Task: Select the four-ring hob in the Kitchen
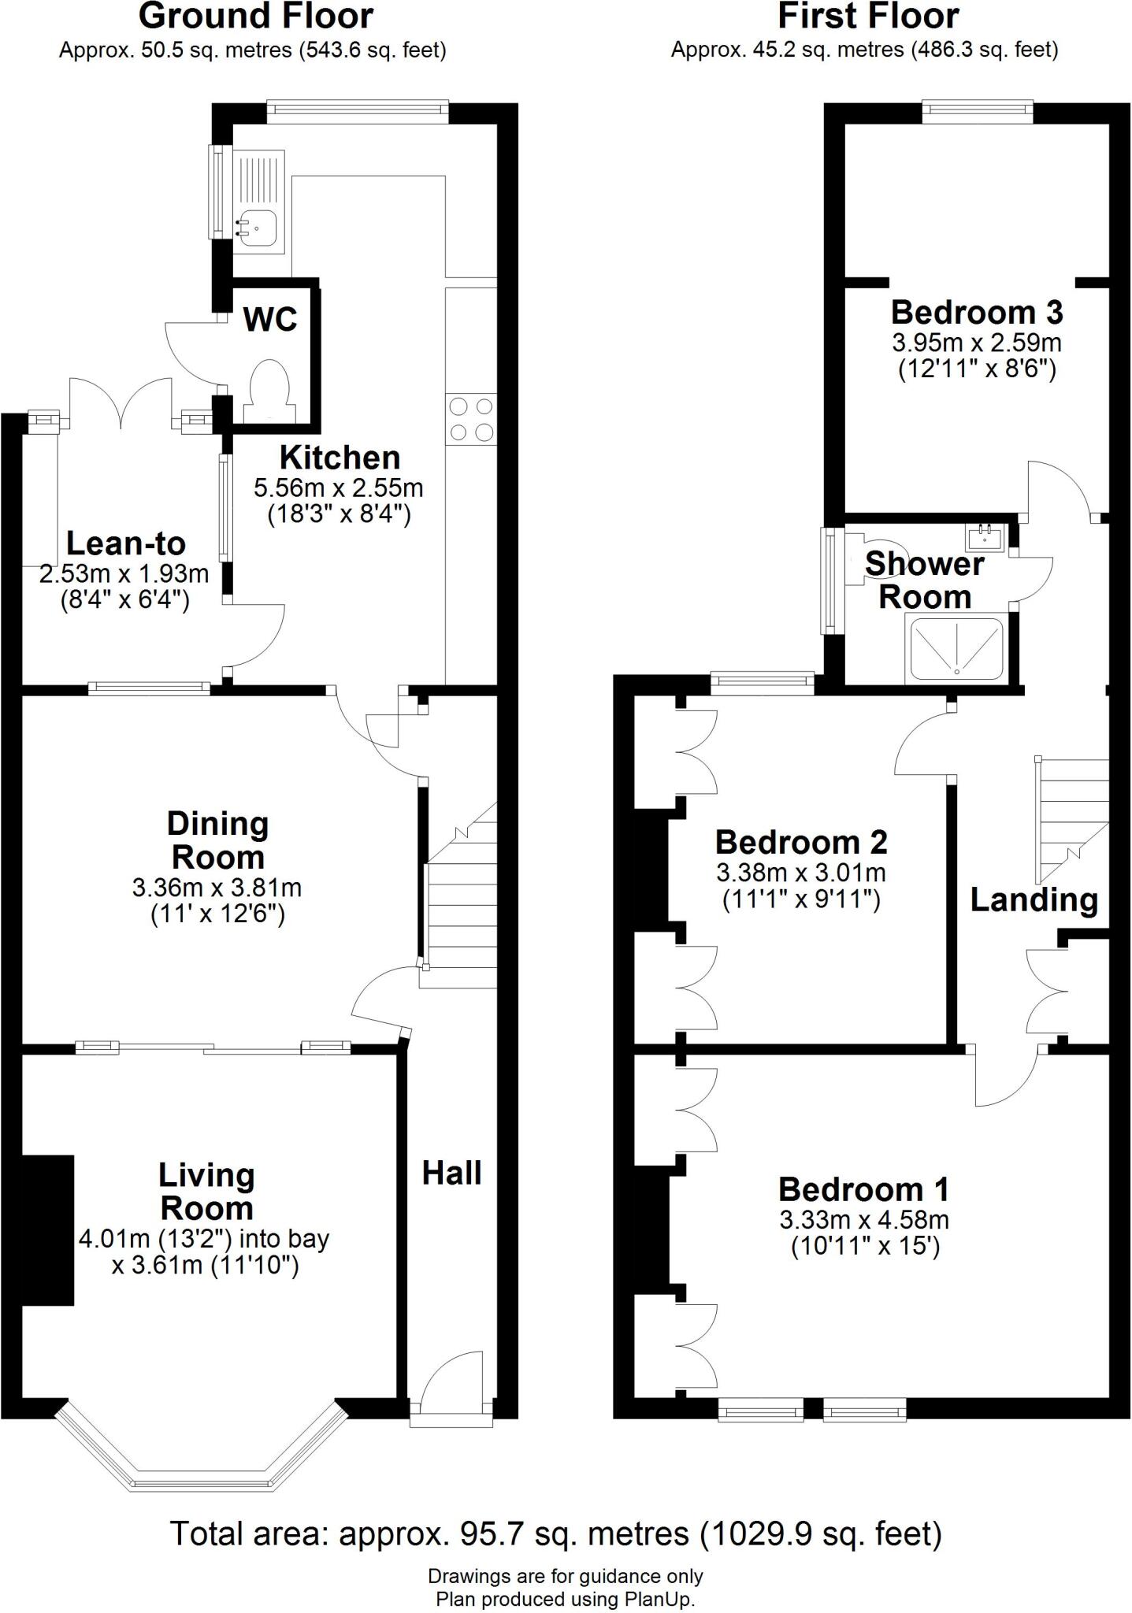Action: coord(470,419)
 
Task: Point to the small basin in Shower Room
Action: coord(984,536)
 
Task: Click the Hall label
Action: coord(451,1174)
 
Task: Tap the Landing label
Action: coord(1034,899)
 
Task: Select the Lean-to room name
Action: coord(126,543)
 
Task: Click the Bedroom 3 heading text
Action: coord(977,313)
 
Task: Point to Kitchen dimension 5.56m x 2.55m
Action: coord(338,488)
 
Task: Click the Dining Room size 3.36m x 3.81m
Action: coord(217,888)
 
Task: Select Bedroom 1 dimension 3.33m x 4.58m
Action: coord(864,1221)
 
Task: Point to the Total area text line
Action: coord(555,1533)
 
